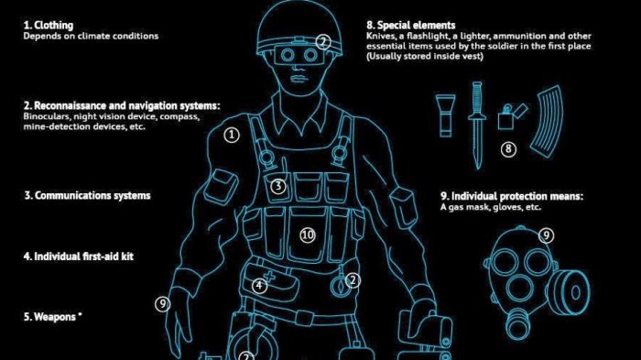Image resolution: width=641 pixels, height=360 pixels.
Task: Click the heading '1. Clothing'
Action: click(49, 26)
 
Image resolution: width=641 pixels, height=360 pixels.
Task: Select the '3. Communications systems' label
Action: click(87, 195)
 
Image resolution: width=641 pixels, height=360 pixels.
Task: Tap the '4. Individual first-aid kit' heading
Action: click(79, 256)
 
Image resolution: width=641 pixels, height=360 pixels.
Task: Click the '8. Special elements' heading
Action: click(410, 26)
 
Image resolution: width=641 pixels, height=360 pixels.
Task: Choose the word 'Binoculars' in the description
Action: click(46, 116)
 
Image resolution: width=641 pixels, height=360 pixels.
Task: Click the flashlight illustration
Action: click(445, 115)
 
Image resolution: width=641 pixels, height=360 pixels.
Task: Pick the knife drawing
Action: click(477, 125)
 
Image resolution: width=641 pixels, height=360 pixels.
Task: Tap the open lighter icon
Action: click(511, 116)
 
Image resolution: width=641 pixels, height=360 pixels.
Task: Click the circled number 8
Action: click(508, 149)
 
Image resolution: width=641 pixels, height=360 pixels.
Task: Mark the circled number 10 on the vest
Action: click(308, 235)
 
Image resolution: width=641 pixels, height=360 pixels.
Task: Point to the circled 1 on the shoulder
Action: click(232, 135)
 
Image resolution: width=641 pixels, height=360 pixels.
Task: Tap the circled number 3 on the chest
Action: click(278, 186)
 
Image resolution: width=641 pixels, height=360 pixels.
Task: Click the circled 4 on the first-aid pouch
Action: click(259, 285)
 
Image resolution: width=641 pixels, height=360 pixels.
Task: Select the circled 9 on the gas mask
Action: click(546, 235)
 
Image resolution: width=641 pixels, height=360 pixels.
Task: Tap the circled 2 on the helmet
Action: click(323, 42)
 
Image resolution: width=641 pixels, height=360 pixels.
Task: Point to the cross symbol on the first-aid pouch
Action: click(270, 277)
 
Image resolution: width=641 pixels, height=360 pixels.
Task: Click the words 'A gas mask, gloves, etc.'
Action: click(491, 207)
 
